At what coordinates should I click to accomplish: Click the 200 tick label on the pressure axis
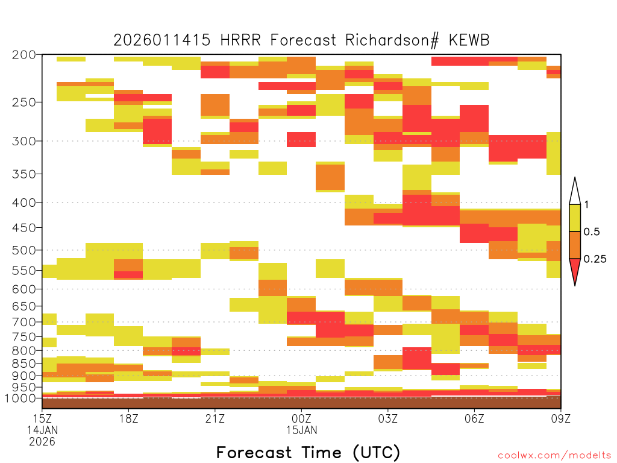[23, 55]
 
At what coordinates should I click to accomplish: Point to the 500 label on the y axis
[23, 250]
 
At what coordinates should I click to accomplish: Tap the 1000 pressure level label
[20, 398]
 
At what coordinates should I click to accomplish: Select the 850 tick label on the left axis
[23, 364]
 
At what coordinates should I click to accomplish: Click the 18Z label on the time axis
[129, 418]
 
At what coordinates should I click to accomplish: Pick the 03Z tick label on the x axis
[388, 418]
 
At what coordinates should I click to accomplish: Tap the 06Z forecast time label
[474, 418]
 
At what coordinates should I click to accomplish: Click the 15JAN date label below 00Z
[301, 430]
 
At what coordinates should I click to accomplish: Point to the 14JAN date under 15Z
[42, 430]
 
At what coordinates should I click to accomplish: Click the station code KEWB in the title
[469, 40]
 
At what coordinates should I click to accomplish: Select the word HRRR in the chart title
[240, 40]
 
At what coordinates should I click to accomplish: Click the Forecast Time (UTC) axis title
[308, 453]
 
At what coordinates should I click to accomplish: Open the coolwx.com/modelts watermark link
[554, 456]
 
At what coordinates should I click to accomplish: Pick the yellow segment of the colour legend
[575, 218]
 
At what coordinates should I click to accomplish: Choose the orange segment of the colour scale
[575, 245]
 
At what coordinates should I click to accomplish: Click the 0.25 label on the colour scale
[595, 259]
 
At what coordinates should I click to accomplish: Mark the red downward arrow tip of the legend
[575, 285]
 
